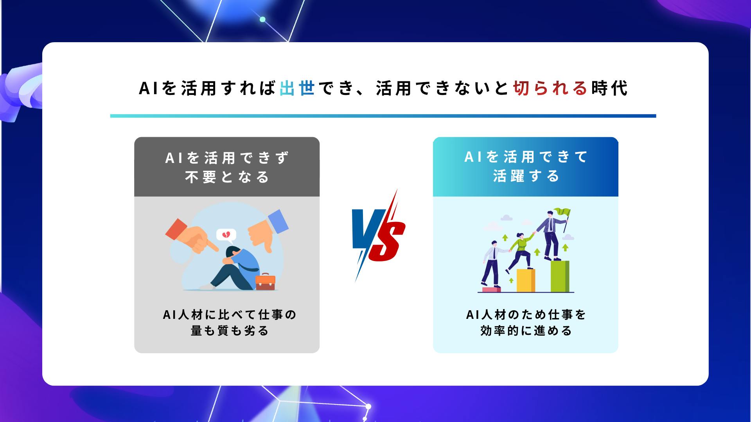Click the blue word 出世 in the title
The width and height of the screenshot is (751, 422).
click(297, 88)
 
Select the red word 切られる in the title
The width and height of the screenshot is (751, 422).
click(550, 88)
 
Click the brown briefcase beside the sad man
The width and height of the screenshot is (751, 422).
click(265, 282)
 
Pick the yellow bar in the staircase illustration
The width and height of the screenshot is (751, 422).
click(526, 280)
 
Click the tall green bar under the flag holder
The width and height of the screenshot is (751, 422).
click(560, 276)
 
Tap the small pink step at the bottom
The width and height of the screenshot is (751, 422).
click(492, 290)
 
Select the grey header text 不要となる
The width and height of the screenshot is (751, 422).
click(227, 177)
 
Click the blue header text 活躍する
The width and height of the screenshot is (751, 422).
click(526, 176)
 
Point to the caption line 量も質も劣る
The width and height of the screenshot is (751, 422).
click(230, 331)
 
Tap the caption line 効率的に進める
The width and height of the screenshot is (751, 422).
click(526, 331)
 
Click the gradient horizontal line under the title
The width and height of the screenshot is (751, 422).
click(383, 116)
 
